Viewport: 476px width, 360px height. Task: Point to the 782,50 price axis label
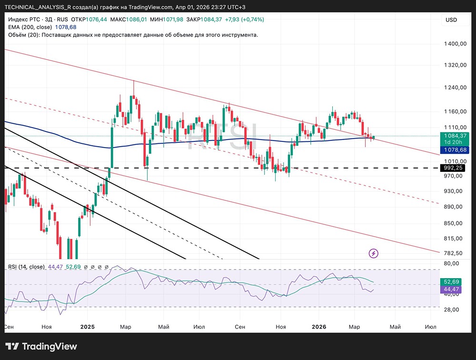(453, 253)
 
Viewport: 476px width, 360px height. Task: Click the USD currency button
(451, 20)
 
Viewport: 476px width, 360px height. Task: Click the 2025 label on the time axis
(88, 327)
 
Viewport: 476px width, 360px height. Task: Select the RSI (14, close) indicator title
(26, 267)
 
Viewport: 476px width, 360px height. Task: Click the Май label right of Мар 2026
(395, 327)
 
